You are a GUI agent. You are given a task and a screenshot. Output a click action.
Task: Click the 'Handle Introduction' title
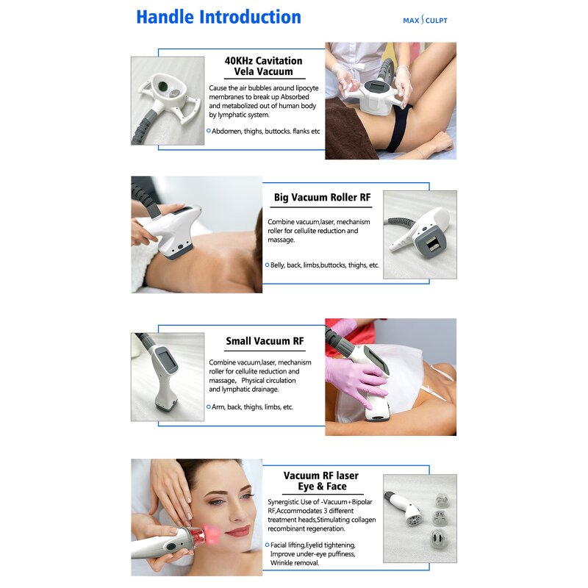[218, 17]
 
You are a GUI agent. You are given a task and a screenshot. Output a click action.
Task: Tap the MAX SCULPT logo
[425, 20]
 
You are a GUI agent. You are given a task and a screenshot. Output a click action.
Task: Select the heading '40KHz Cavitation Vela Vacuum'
[264, 66]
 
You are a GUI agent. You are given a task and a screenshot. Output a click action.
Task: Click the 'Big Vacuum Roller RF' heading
[322, 197]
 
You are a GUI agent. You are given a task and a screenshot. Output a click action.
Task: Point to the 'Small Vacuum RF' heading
[265, 341]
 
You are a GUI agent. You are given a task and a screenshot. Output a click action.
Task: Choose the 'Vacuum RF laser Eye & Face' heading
[321, 481]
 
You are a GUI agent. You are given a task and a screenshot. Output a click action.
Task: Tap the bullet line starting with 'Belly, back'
[322, 265]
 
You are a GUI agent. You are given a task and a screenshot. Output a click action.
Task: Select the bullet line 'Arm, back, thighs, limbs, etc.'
[250, 407]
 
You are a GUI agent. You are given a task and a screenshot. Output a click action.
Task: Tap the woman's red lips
[238, 531]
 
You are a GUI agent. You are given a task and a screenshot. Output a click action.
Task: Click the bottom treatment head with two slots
[437, 539]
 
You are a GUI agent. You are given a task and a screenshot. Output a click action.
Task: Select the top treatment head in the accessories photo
[442, 501]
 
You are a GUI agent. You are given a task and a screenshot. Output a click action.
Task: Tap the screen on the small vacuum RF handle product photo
[165, 360]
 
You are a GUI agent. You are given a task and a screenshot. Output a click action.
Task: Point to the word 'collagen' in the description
[363, 520]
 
